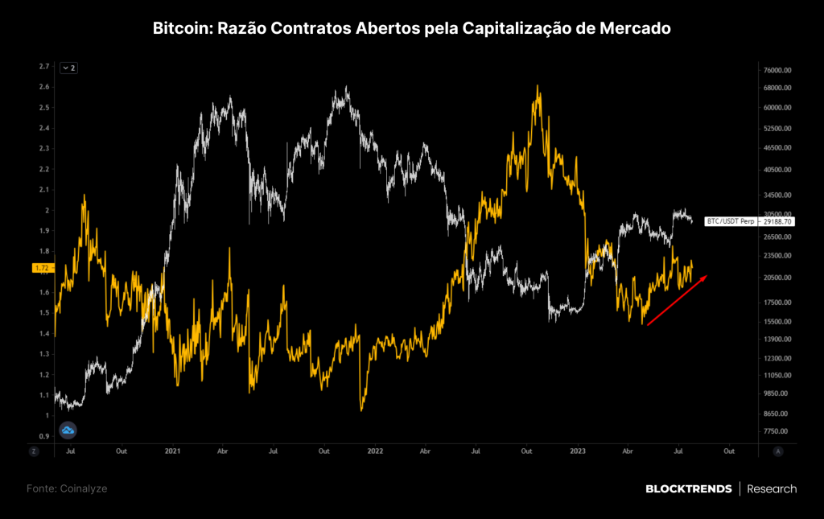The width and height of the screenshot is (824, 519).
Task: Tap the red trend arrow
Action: click(677, 300)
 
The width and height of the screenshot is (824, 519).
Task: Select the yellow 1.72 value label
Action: click(42, 268)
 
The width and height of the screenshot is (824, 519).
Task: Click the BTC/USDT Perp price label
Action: click(749, 221)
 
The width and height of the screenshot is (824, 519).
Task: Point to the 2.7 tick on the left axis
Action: click(44, 66)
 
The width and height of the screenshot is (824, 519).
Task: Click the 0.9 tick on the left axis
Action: click(44, 436)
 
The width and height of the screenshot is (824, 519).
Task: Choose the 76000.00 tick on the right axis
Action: click(777, 70)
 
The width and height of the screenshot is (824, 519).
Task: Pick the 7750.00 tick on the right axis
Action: click(776, 431)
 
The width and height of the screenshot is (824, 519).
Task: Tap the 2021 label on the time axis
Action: click(172, 451)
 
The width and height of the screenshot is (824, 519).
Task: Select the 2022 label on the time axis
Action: click(375, 451)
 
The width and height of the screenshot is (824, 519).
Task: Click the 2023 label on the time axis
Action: click(578, 451)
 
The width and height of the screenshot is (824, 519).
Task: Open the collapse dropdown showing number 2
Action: click(69, 68)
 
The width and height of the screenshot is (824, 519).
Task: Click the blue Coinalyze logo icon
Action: click(68, 430)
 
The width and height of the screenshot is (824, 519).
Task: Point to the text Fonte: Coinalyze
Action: click(67, 488)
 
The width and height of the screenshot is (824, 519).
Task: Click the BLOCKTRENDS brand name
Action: click(689, 489)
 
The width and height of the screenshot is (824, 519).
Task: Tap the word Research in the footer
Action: click(772, 489)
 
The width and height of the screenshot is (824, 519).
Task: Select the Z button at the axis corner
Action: click(34, 451)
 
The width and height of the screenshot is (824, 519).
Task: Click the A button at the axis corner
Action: click(778, 451)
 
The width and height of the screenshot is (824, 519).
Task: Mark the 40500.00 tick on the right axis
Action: click(777, 170)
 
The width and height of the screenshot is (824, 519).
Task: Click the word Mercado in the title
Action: click(635, 28)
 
